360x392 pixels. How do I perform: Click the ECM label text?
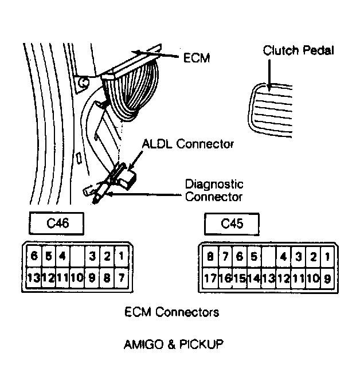[197, 58]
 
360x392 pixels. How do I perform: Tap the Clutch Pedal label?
[298, 50]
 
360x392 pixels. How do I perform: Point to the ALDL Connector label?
[188, 144]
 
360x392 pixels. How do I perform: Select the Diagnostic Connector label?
[214, 190]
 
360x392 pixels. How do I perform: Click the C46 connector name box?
[57, 224]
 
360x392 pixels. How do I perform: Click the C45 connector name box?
[232, 224]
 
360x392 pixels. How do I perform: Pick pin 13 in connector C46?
[34, 278]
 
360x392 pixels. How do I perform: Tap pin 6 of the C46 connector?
[34, 256]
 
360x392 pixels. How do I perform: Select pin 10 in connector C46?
[77, 278]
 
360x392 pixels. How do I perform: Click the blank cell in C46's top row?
[77, 256]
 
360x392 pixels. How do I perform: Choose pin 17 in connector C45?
[210, 279]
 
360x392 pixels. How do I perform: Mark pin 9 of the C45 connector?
[327, 279]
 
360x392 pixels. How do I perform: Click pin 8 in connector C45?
[210, 257]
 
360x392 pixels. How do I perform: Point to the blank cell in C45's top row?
[268, 257]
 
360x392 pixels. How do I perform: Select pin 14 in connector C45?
[254, 279]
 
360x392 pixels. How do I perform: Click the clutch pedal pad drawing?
[270, 110]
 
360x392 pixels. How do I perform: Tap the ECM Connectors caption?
[172, 312]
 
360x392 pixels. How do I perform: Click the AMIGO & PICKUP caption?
[174, 344]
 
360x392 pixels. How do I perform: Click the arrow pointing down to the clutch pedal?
[269, 76]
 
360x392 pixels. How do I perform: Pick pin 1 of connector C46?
[122, 256]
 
